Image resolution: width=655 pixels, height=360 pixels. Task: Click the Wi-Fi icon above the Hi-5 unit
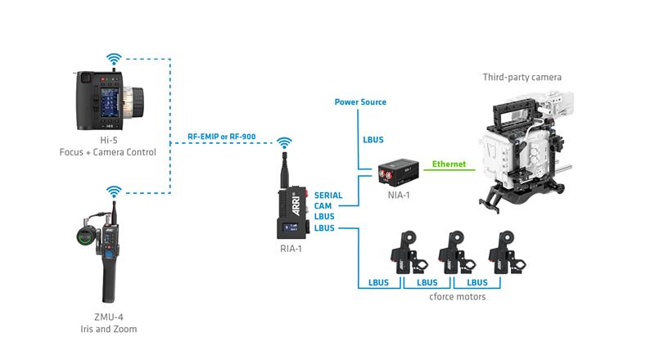114,59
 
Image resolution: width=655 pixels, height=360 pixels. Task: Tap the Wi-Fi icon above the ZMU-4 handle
114,191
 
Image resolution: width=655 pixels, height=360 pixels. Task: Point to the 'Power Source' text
360,102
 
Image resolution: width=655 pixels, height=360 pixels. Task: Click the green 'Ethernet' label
449,164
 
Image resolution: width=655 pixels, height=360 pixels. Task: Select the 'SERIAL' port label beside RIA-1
328,196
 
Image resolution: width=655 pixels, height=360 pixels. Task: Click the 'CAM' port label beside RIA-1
323,206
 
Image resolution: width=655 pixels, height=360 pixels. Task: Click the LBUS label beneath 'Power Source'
373,140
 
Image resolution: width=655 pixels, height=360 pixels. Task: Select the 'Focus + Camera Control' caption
113,152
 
